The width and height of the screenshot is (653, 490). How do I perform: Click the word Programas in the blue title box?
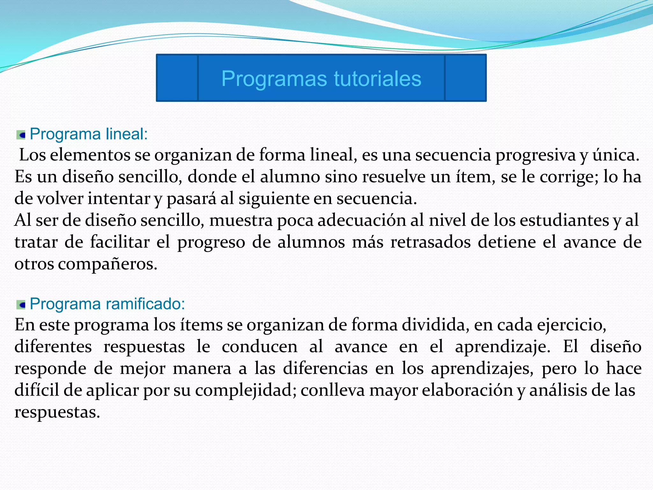click(274, 79)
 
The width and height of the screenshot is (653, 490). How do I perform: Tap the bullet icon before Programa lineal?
click(21, 135)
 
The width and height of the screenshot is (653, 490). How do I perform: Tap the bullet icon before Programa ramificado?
click(21, 305)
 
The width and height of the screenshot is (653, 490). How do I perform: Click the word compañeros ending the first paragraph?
click(107, 264)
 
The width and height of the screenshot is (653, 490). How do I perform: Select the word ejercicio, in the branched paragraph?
click(571, 325)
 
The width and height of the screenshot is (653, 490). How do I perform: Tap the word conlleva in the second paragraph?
click(332, 390)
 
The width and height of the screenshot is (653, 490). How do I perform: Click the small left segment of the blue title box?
click(177, 78)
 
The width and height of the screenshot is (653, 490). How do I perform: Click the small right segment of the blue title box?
click(465, 78)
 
